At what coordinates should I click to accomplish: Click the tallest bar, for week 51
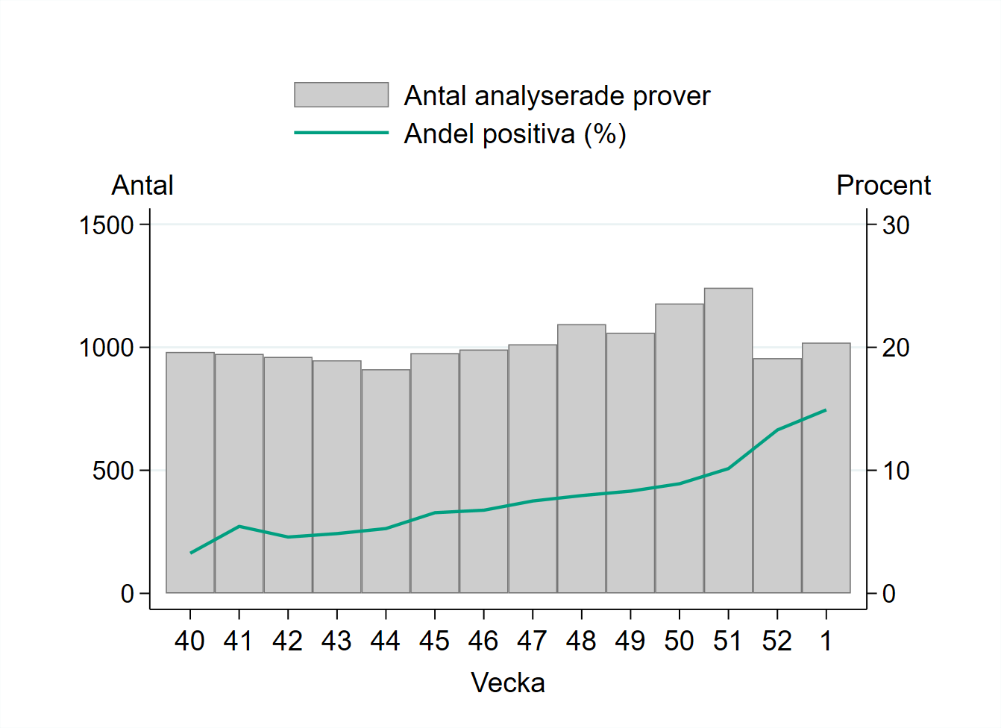coord(728,440)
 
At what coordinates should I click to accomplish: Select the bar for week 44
coord(386,481)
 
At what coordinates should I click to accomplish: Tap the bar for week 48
coord(581,459)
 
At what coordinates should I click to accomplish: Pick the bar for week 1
coord(826,468)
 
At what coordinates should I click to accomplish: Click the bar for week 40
coord(190,472)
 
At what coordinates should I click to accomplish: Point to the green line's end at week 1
coord(826,409)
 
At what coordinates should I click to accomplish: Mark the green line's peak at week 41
coord(239,527)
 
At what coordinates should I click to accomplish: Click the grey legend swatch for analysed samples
coord(341,95)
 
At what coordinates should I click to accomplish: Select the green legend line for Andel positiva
coord(341,133)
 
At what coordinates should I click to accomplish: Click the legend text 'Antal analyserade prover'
coord(556,95)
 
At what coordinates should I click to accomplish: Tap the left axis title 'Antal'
coord(142,185)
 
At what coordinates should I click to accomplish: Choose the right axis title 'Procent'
coord(883,185)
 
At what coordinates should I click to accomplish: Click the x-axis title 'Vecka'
coord(508,682)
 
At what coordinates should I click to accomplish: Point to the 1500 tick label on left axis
coord(106,225)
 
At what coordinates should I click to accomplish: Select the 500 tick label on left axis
coord(113,471)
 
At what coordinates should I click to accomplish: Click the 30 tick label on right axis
coord(896,225)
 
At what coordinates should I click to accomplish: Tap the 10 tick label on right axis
coord(896,471)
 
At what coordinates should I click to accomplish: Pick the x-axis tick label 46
coord(483,641)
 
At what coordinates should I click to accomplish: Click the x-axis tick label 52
coord(776,641)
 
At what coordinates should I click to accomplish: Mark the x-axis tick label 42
coord(287,641)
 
